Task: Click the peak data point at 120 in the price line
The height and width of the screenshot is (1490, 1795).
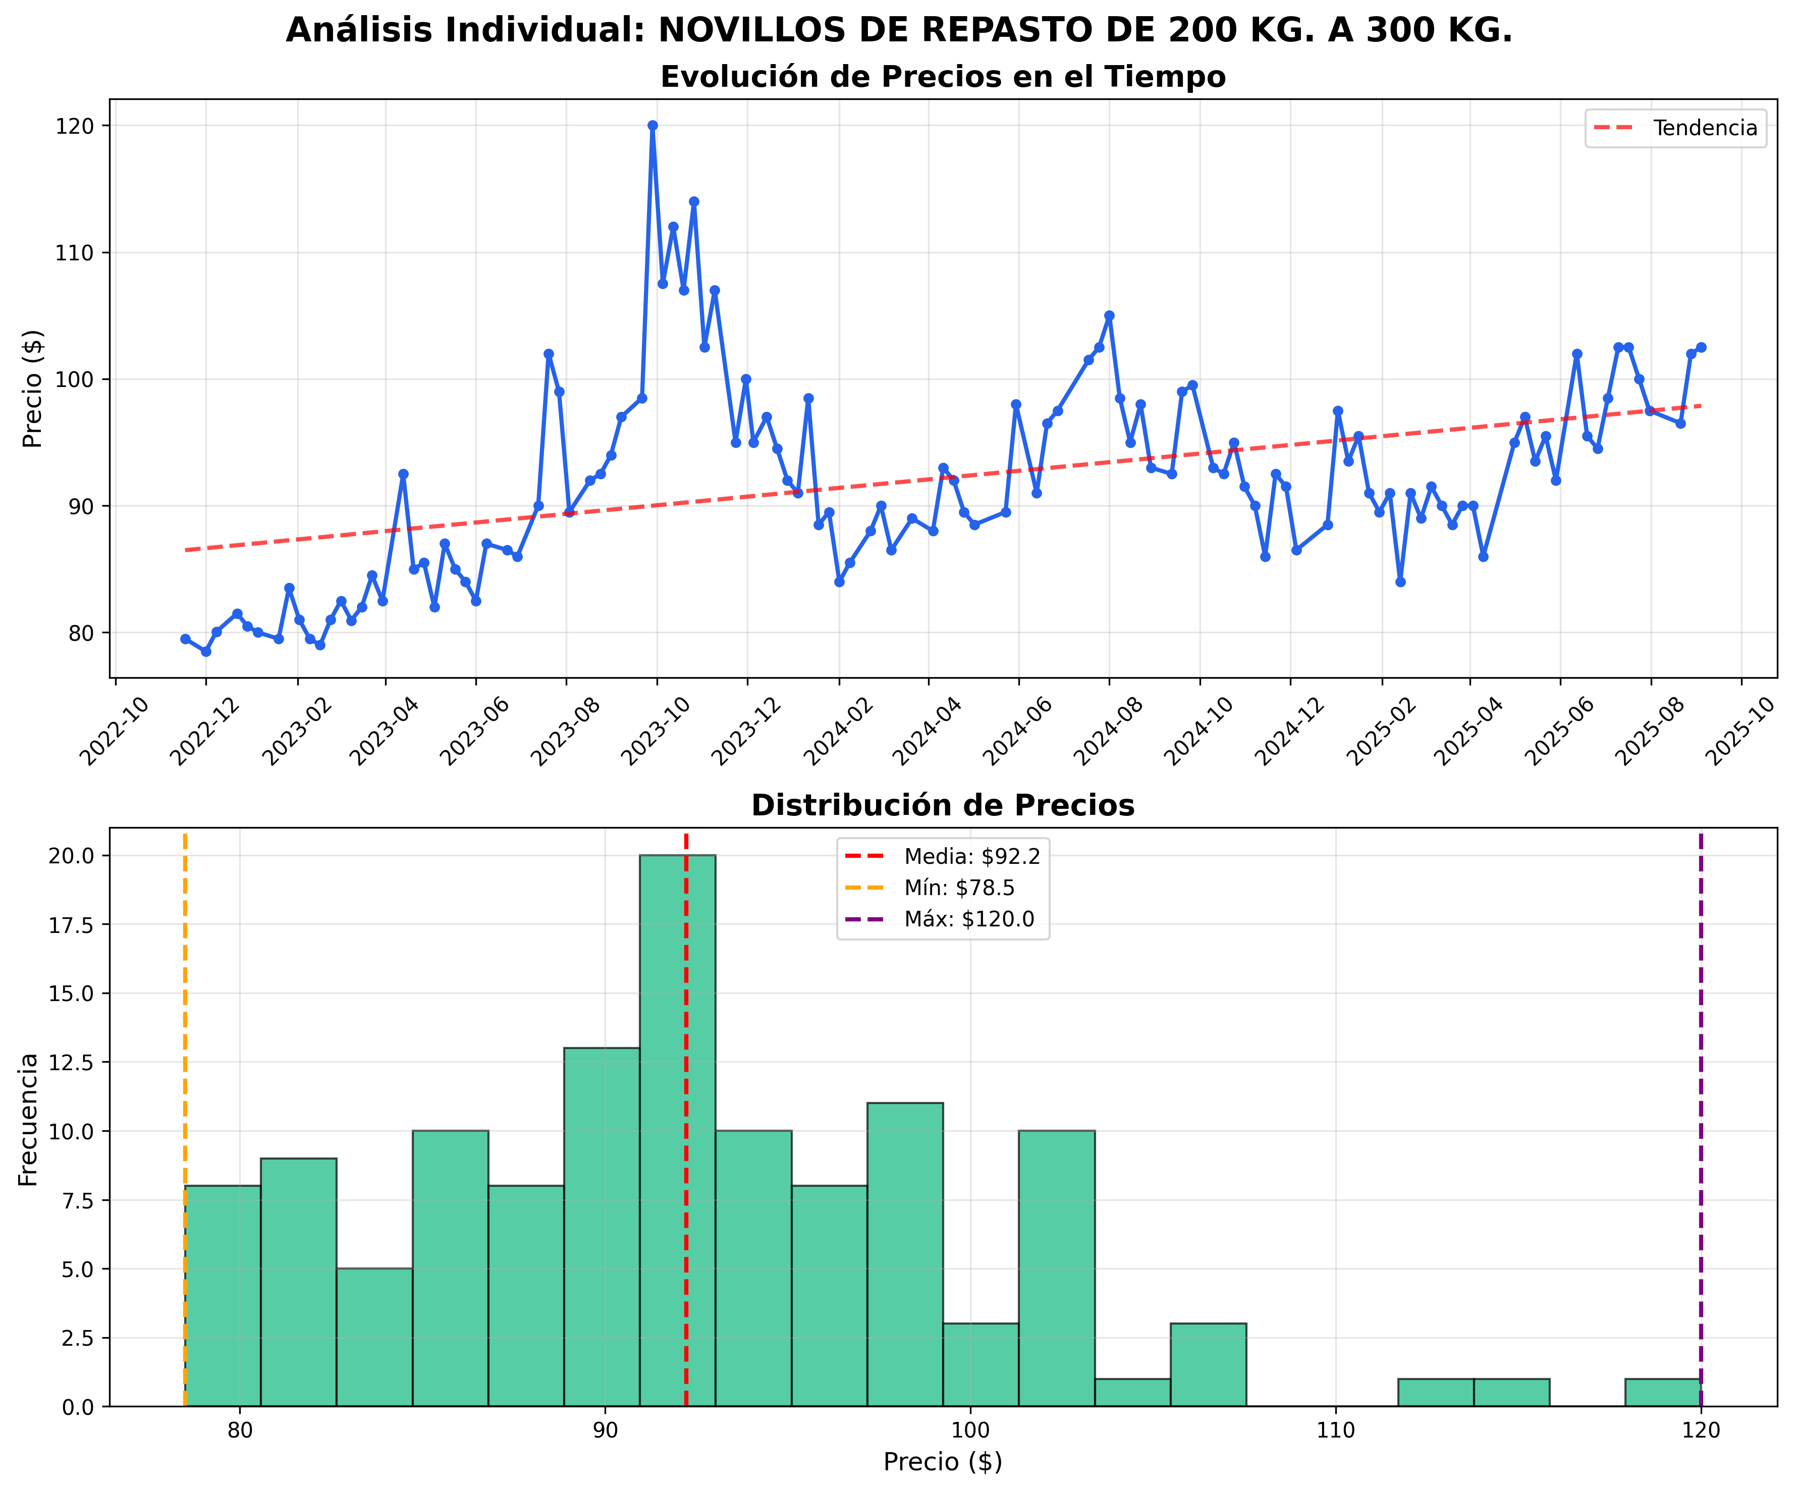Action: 652,126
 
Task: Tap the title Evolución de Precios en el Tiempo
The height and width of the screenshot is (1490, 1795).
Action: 943,77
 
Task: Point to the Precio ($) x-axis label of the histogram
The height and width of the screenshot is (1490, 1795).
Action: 943,1462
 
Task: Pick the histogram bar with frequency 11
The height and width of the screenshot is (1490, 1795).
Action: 905,1248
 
